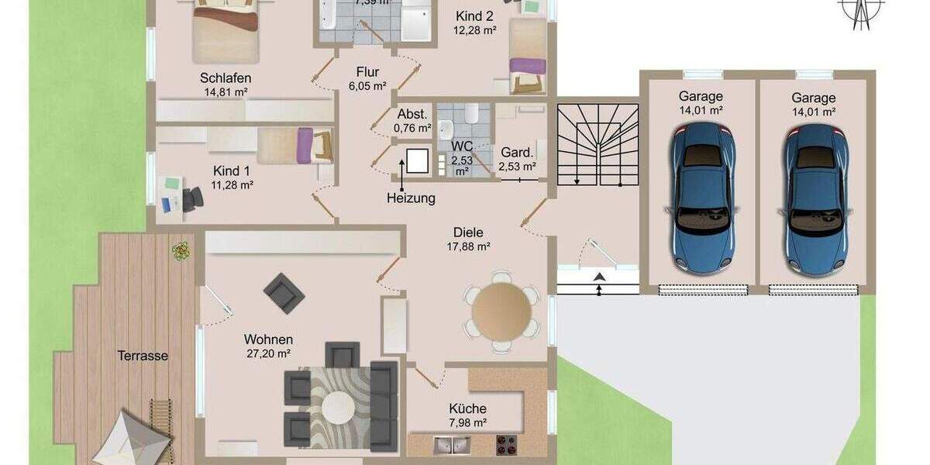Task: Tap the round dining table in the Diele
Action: (501, 312)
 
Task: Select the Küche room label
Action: (467, 408)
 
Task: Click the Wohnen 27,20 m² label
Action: (267, 346)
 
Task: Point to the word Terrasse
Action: (143, 356)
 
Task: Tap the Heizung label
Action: (411, 198)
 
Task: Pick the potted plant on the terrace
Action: (181, 250)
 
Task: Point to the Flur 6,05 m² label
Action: (367, 79)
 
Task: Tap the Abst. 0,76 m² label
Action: (412, 120)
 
